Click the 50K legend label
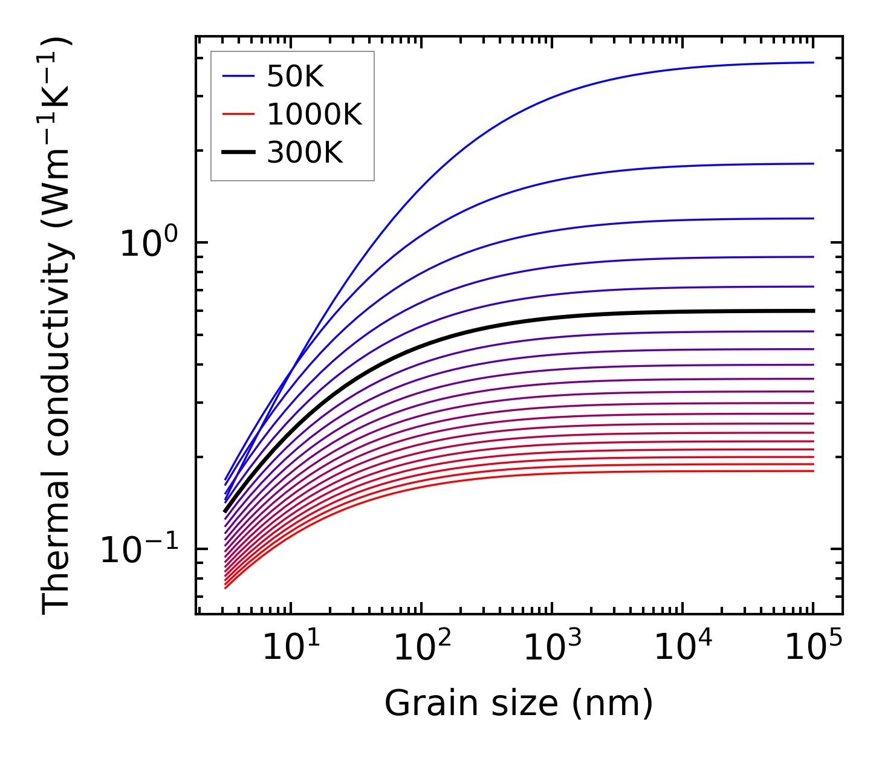point(296,77)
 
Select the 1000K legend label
point(314,115)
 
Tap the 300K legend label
point(305,153)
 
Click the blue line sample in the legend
point(239,76)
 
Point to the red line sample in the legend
point(239,114)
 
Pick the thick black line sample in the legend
point(239,152)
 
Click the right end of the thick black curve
point(813,311)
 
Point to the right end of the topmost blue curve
point(813,62)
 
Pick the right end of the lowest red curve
point(813,471)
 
